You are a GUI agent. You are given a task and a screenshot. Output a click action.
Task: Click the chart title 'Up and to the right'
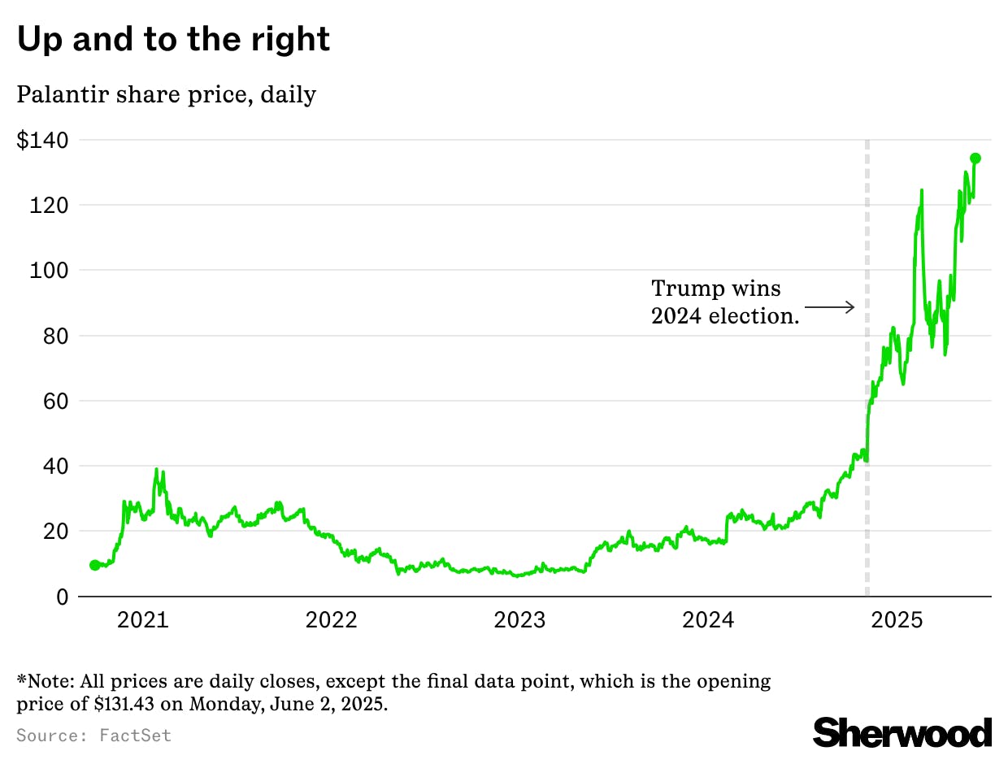click(173, 39)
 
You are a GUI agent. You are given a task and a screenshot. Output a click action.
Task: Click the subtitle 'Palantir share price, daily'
click(167, 94)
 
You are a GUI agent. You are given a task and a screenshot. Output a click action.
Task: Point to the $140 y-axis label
click(42, 140)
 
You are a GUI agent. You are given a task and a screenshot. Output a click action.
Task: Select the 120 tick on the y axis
click(49, 205)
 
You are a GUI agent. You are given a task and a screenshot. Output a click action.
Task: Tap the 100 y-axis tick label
click(49, 270)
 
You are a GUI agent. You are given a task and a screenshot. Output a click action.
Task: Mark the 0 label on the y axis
click(62, 597)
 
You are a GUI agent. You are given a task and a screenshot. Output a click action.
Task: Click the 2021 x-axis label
click(142, 621)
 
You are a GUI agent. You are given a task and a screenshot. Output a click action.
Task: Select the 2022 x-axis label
click(331, 621)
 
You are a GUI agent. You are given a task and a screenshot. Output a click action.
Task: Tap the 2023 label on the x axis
click(519, 621)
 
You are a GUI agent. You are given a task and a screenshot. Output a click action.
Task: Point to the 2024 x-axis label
click(708, 621)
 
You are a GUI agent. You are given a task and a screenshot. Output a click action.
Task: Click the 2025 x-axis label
click(897, 621)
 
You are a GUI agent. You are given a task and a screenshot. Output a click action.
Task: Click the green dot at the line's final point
click(975, 158)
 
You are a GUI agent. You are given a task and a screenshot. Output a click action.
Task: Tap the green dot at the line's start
click(94, 565)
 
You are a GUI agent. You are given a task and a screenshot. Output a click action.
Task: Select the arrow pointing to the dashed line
click(830, 307)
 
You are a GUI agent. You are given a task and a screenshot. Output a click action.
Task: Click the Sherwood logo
click(902, 732)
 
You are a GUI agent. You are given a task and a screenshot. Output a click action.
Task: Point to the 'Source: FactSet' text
click(93, 736)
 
